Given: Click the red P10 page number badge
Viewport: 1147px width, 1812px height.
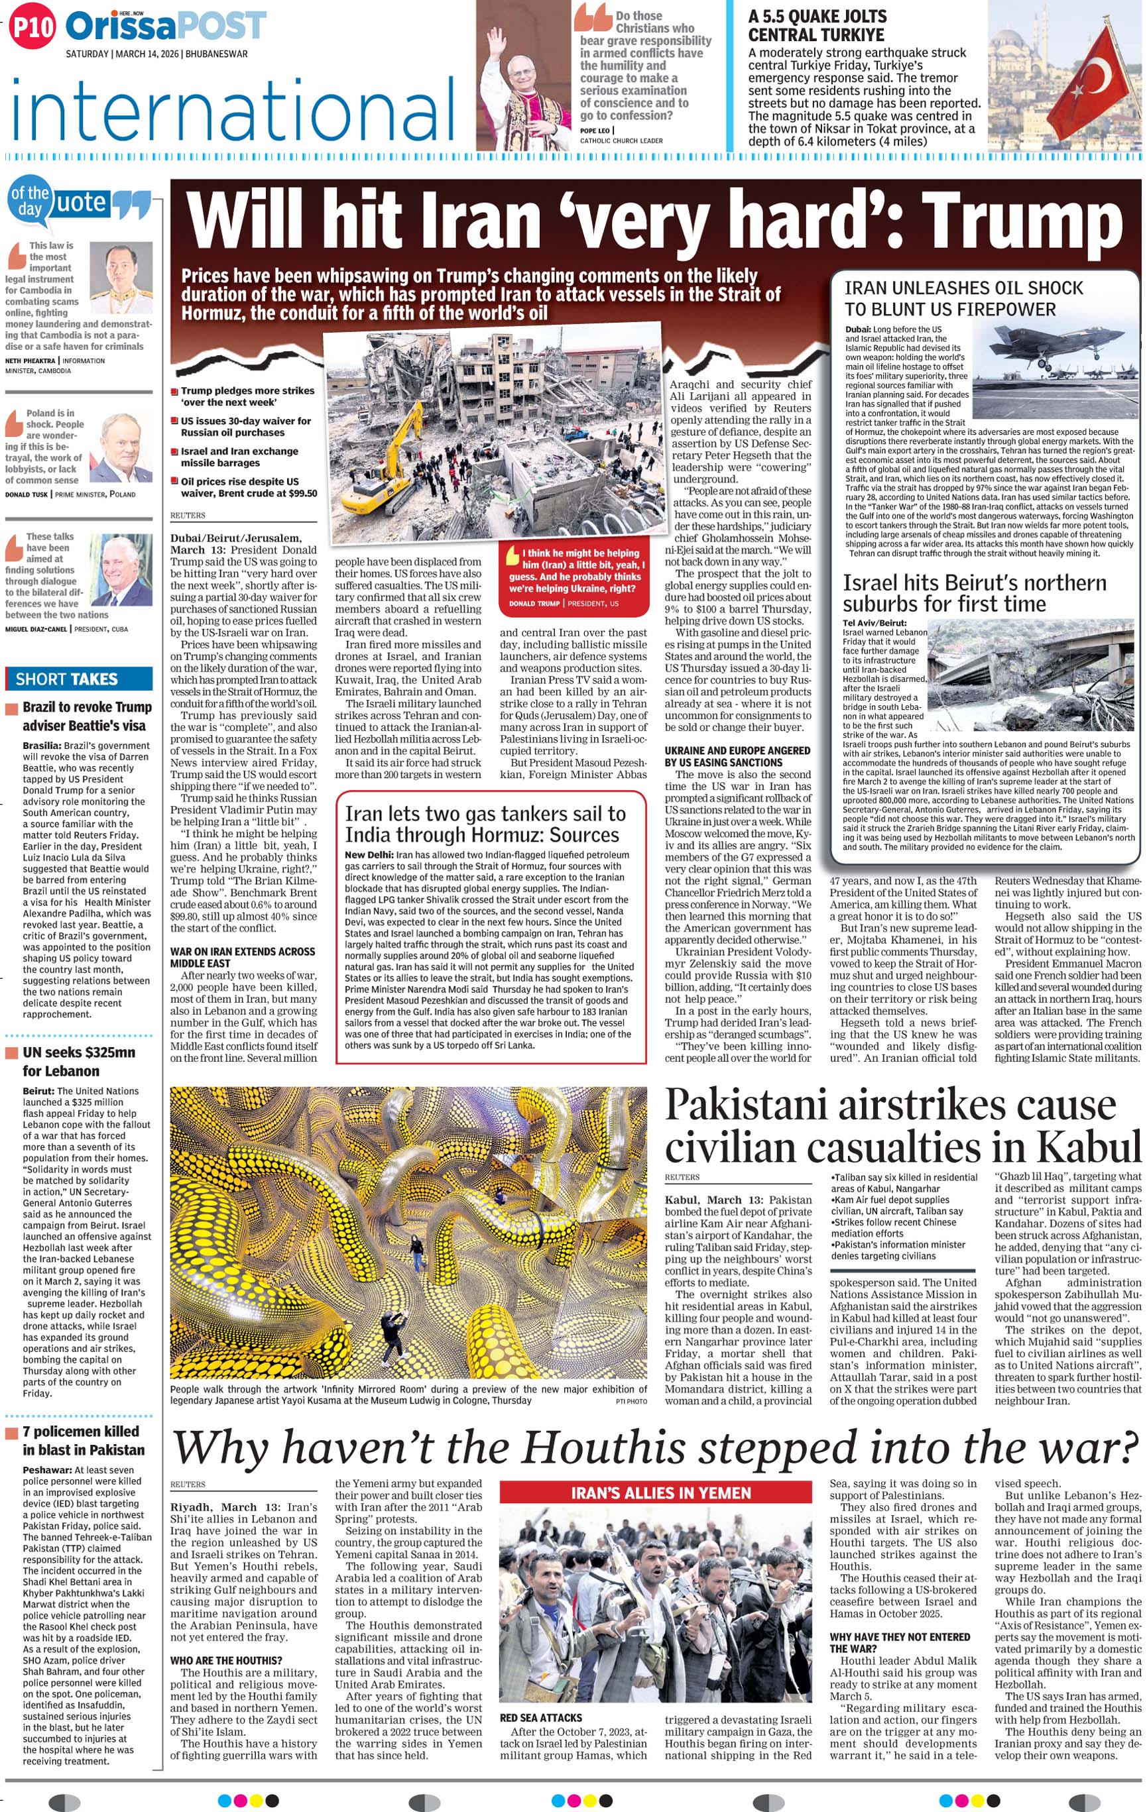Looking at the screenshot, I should point(32,27).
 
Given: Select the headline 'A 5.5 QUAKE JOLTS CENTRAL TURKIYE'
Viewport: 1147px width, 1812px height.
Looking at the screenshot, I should point(817,26).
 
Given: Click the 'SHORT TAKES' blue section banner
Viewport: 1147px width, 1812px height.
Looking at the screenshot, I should point(79,679).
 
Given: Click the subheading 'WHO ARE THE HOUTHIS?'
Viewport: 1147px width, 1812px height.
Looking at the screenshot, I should point(226,1660).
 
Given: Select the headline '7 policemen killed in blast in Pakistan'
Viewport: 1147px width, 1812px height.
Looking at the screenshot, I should point(82,1440).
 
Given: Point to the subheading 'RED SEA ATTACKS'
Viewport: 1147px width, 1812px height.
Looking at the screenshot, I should point(540,1718).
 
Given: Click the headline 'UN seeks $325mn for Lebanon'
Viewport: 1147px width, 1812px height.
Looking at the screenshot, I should point(78,1061).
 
